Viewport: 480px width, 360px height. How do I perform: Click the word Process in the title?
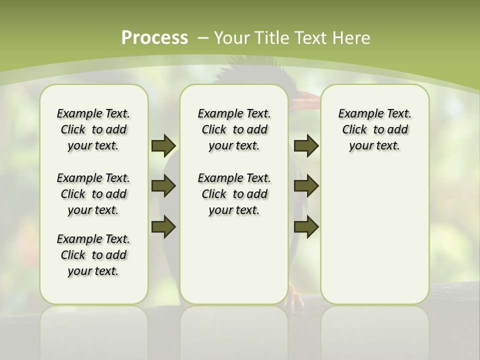coord(154,38)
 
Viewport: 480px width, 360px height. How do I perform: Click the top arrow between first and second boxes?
coord(163,145)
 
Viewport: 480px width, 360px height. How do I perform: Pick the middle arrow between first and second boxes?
coord(163,186)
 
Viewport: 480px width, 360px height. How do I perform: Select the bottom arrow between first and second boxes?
coord(163,227)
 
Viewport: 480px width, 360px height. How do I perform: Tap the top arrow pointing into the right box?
coord(306,145)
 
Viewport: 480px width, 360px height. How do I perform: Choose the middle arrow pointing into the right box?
coord(306,186)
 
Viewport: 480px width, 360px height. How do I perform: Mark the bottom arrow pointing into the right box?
coord(306,227)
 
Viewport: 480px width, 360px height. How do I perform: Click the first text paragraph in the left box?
coord(93,129)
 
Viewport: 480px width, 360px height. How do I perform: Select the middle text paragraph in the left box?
coord(93,194)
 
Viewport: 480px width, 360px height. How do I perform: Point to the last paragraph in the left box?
coord(93,255)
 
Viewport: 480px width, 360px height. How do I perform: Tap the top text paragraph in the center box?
coord(234,129)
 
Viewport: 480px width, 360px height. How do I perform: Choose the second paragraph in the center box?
coord(234,194)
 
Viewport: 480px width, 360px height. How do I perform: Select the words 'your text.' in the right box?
coord(374,146)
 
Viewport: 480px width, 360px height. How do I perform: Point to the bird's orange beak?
coord(305,103)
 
